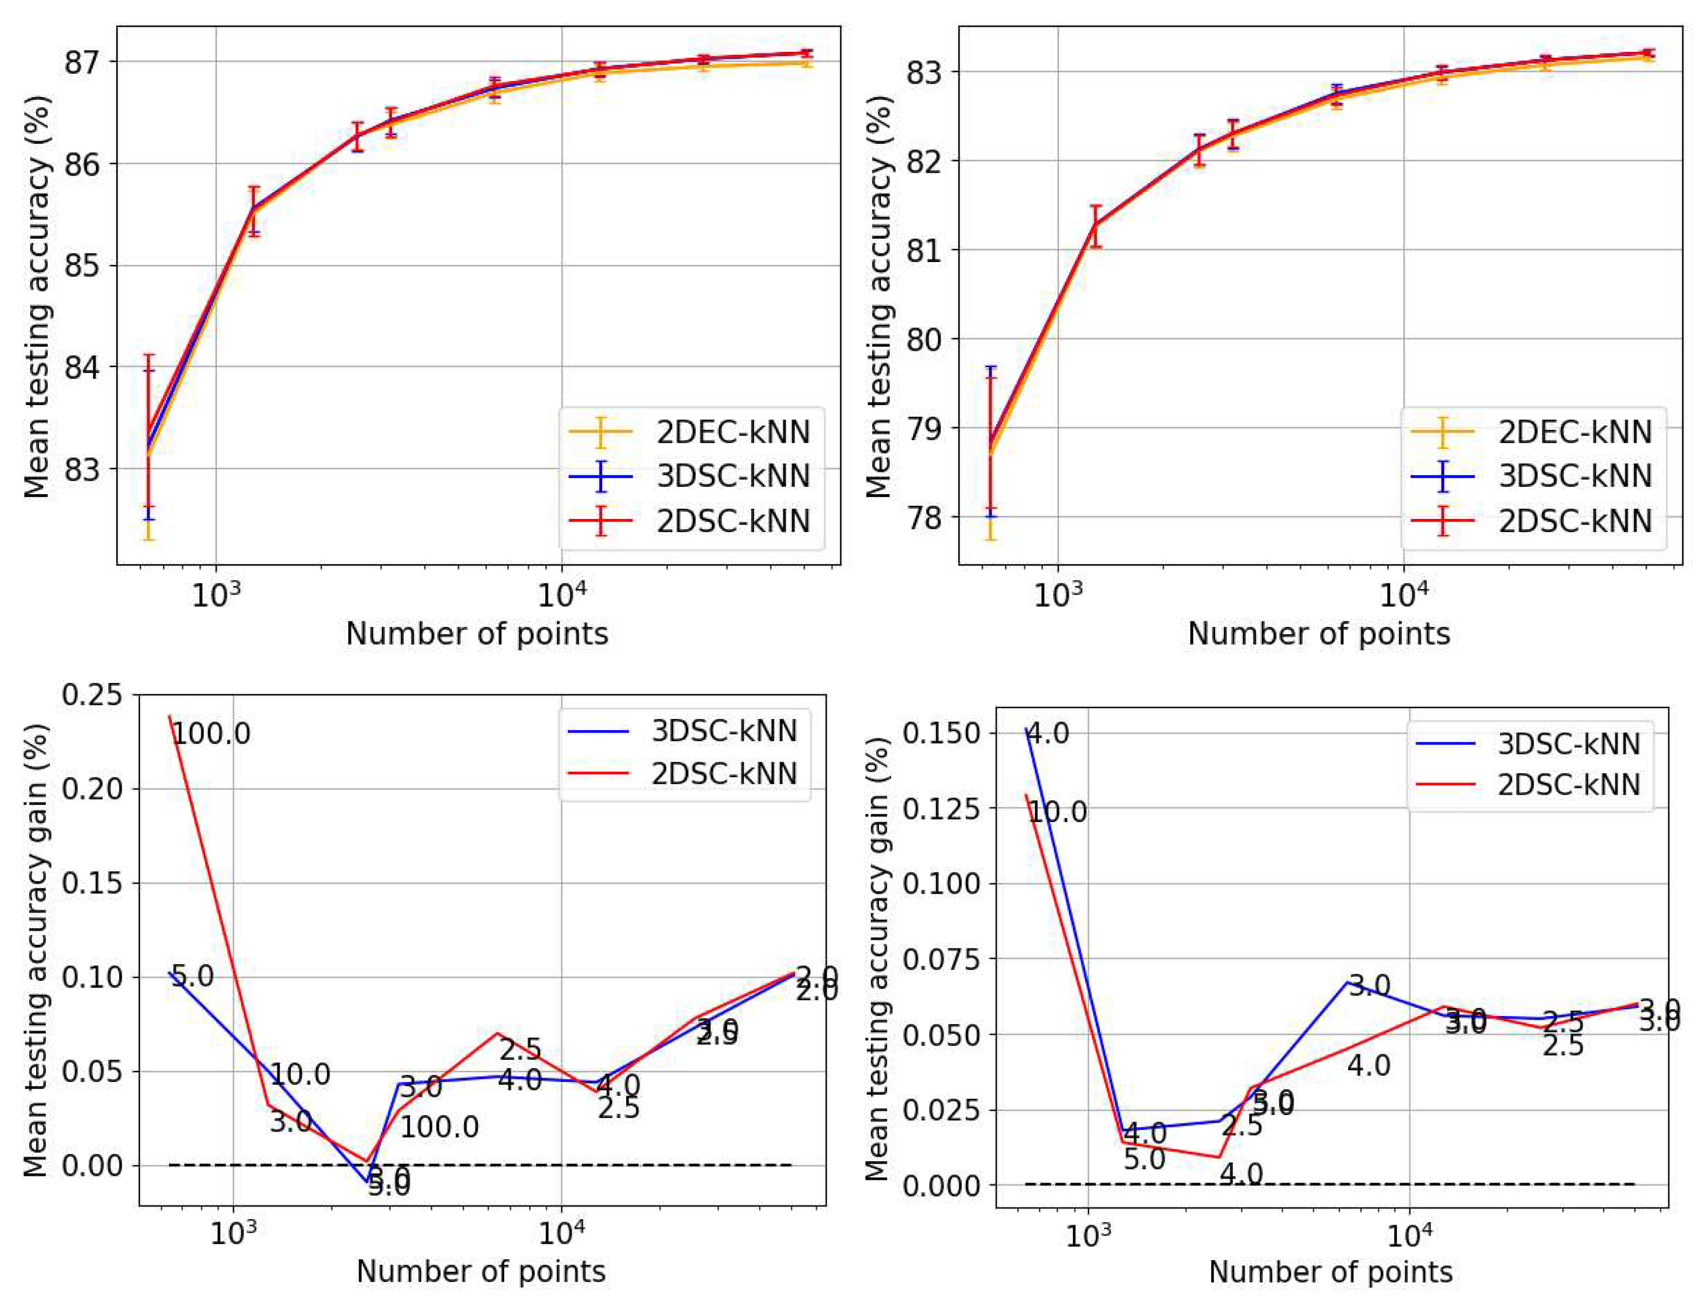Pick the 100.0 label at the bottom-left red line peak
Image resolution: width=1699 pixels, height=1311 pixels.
coord(211,734)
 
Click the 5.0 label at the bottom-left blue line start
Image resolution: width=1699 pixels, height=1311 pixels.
coord(192,976)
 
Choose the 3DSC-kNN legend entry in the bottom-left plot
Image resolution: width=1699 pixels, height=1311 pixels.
coord(724,731)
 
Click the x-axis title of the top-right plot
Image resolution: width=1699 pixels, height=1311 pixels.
coord(1319,634)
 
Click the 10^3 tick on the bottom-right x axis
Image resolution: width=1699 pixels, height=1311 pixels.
coord(1088,1235)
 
